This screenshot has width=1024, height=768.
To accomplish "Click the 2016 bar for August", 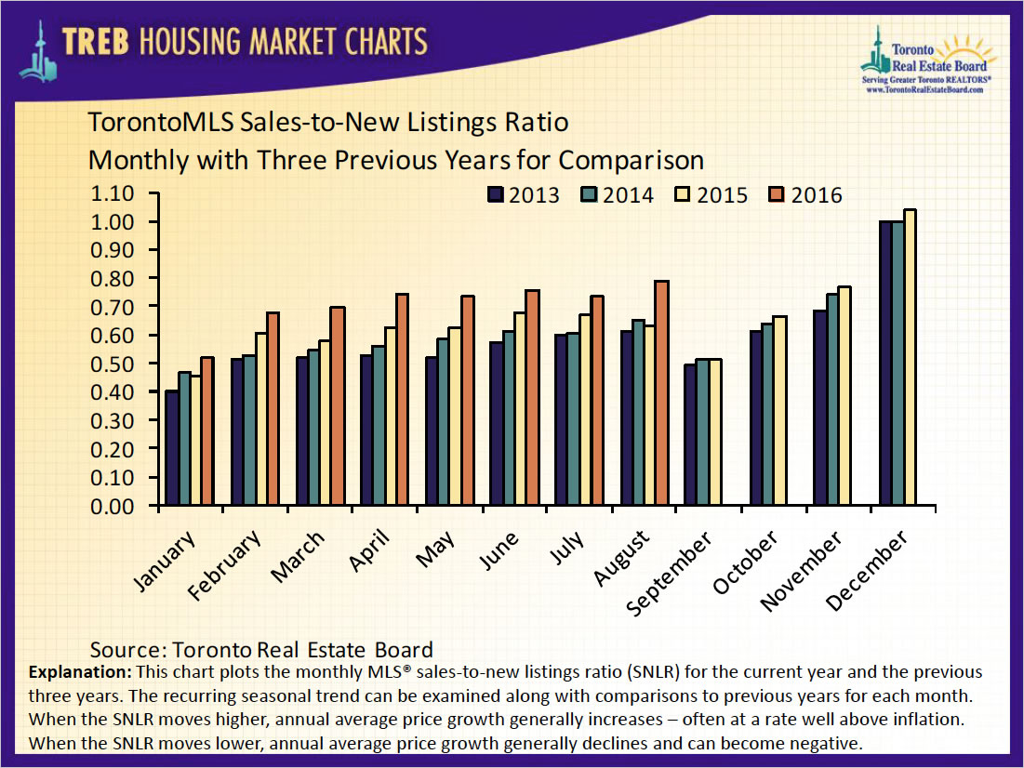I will (x=662, y=393).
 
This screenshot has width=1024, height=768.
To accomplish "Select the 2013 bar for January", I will (x=173, y=449).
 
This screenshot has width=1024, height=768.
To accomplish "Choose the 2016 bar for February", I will (x=272, y=409).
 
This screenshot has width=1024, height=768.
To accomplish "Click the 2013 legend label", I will (x=534, y=195).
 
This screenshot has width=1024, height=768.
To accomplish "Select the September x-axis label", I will (x=670, y=574).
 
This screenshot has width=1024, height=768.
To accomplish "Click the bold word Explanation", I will (x=81, y=671).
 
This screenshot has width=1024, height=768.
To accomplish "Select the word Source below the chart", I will (x=126, y=650).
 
